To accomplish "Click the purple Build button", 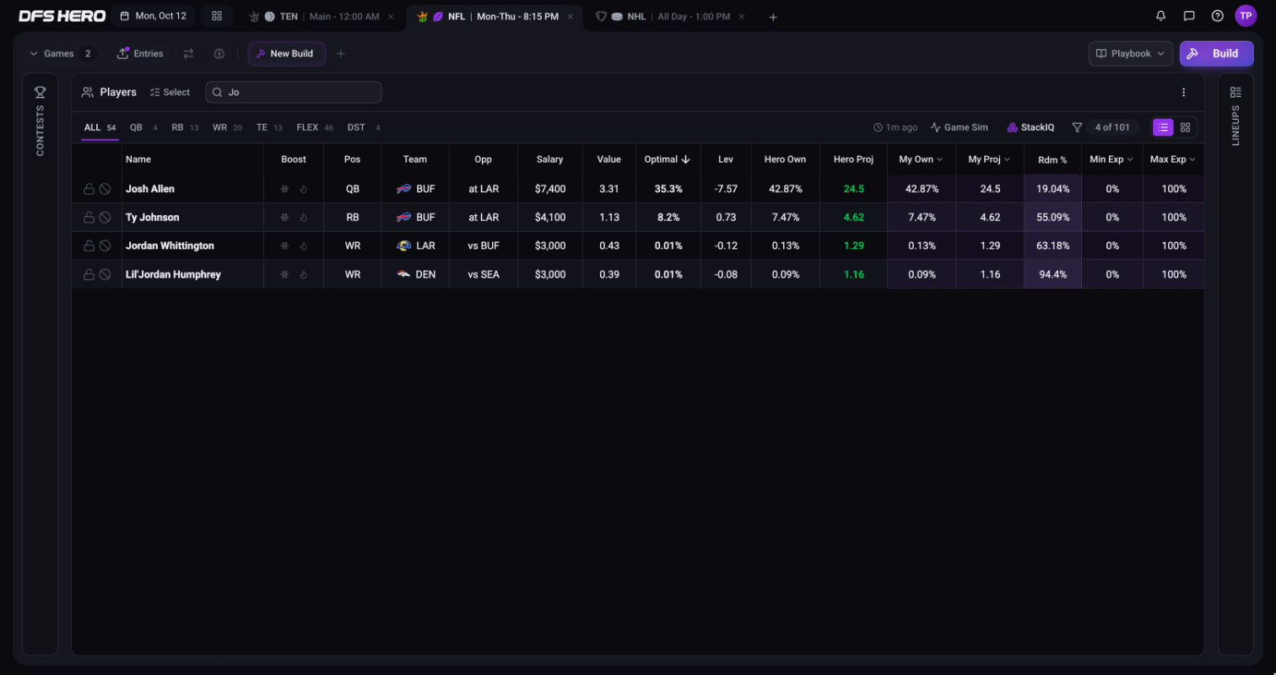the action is click(x=1216, y=53).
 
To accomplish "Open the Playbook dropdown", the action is click(x=1130, y=53).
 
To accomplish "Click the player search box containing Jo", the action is click(x=294, y=92).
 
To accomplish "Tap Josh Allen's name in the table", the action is click(x=150, y=189).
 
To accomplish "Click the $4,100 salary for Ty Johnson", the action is click(x=549, y=218).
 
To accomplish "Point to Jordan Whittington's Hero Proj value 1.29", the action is click(x=853, y=246).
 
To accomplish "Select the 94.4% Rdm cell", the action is click(x=1052, y=274).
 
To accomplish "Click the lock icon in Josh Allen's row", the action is click(x=89, y=189).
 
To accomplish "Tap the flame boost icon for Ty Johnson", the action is click(x=304, y=218).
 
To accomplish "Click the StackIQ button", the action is click(x=1030, y=127).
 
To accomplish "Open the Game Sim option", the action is click(x=960, y=127).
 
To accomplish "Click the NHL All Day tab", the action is click(x=670, y=17).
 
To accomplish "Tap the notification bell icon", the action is click(x=1160, y=16).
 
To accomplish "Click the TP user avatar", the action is click(x=1246, y=16).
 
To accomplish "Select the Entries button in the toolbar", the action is click(x=140, y=53).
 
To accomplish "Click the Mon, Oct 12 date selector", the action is click(x=154, y=16).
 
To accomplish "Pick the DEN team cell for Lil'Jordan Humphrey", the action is click(x=416, y=274).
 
